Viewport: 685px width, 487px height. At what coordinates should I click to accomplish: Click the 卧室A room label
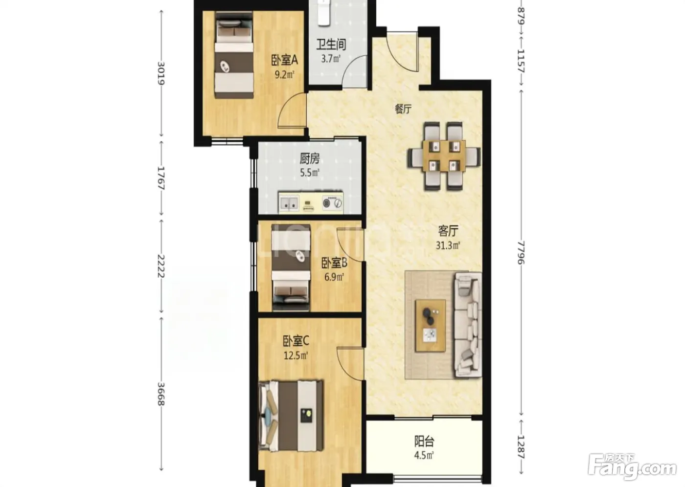[x=284, y=60]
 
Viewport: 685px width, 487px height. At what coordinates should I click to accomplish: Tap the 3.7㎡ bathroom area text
[x=331, y=58]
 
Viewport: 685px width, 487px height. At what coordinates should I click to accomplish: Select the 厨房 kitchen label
[x=309, y=158]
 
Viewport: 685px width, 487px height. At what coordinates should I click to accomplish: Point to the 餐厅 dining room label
[x=403, y=109]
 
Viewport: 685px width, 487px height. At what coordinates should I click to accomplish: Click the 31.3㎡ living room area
[x=448, y=245]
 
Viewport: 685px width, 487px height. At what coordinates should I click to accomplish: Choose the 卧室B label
[x=334, y=263]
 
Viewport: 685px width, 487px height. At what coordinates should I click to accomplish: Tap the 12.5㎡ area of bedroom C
[x=296, y=355]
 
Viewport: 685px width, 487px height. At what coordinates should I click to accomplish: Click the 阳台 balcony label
[x=424, y=442]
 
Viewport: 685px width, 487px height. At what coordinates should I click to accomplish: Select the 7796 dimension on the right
[x=521, y=253]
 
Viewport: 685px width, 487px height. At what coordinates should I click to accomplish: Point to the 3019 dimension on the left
[x=161, y=73]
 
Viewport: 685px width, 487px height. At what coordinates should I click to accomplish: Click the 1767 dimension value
[x=161, y=178]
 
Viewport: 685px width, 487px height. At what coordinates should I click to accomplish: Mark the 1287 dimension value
[x=521, y=447]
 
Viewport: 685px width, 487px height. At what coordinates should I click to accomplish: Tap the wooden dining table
[x=444, y=156]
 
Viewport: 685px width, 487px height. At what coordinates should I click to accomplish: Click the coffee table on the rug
[x=431, y=326]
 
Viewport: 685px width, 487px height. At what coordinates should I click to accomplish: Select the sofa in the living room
[x=468, y=325]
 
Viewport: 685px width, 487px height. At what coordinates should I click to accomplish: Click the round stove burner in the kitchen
[x=327, y=203]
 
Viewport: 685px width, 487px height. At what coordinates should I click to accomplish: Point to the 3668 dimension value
[x=161, y=394]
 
